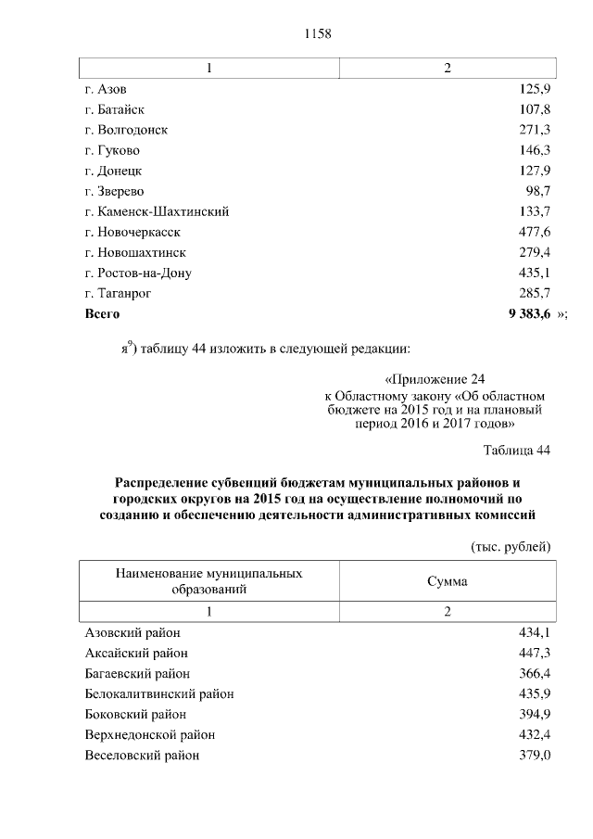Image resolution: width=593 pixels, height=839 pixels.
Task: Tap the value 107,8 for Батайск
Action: [x=535, y=109]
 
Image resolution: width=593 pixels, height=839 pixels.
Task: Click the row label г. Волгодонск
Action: [x=125, y=130]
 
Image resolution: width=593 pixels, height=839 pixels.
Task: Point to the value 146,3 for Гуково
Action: [x=535, y=150]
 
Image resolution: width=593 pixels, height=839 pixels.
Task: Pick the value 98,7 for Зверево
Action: [x=537, y=191]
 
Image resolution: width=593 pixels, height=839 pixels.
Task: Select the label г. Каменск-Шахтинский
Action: [x=156, y=211]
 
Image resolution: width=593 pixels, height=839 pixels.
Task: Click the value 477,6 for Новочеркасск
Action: [x=535, y=232]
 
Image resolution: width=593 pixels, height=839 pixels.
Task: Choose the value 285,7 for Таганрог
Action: [x=535, y=293]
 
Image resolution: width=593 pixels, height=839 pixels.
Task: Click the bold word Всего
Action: [x=102, y=314]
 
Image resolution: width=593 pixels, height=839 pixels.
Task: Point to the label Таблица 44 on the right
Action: [x=517, y=451]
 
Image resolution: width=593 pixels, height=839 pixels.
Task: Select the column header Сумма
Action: [x=447, y=581]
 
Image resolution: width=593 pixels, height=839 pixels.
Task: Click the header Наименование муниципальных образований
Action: [x=208, y=581]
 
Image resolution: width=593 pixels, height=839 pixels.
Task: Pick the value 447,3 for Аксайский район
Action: [x=535, y=653]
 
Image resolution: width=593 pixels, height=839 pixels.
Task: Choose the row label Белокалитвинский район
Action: [x=158, y=693]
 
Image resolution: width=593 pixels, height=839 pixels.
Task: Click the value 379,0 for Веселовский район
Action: [x=535, y=755]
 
